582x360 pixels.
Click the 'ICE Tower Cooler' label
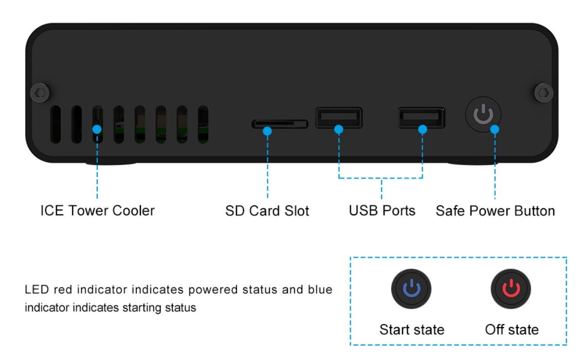[97, 211]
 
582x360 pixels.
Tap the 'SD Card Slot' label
[267, 211]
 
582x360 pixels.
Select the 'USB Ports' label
[381, 211]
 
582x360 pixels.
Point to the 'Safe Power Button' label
[495, 211]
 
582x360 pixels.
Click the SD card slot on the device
[280, 124]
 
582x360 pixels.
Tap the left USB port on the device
[339, 118]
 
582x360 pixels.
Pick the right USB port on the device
[422, 118]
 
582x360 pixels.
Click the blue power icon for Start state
[411, 290]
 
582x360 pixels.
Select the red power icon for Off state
[511, 290]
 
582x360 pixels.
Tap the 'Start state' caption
[411, 329]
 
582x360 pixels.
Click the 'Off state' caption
[512, 329]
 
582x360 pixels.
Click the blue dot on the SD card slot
[267, 131]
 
